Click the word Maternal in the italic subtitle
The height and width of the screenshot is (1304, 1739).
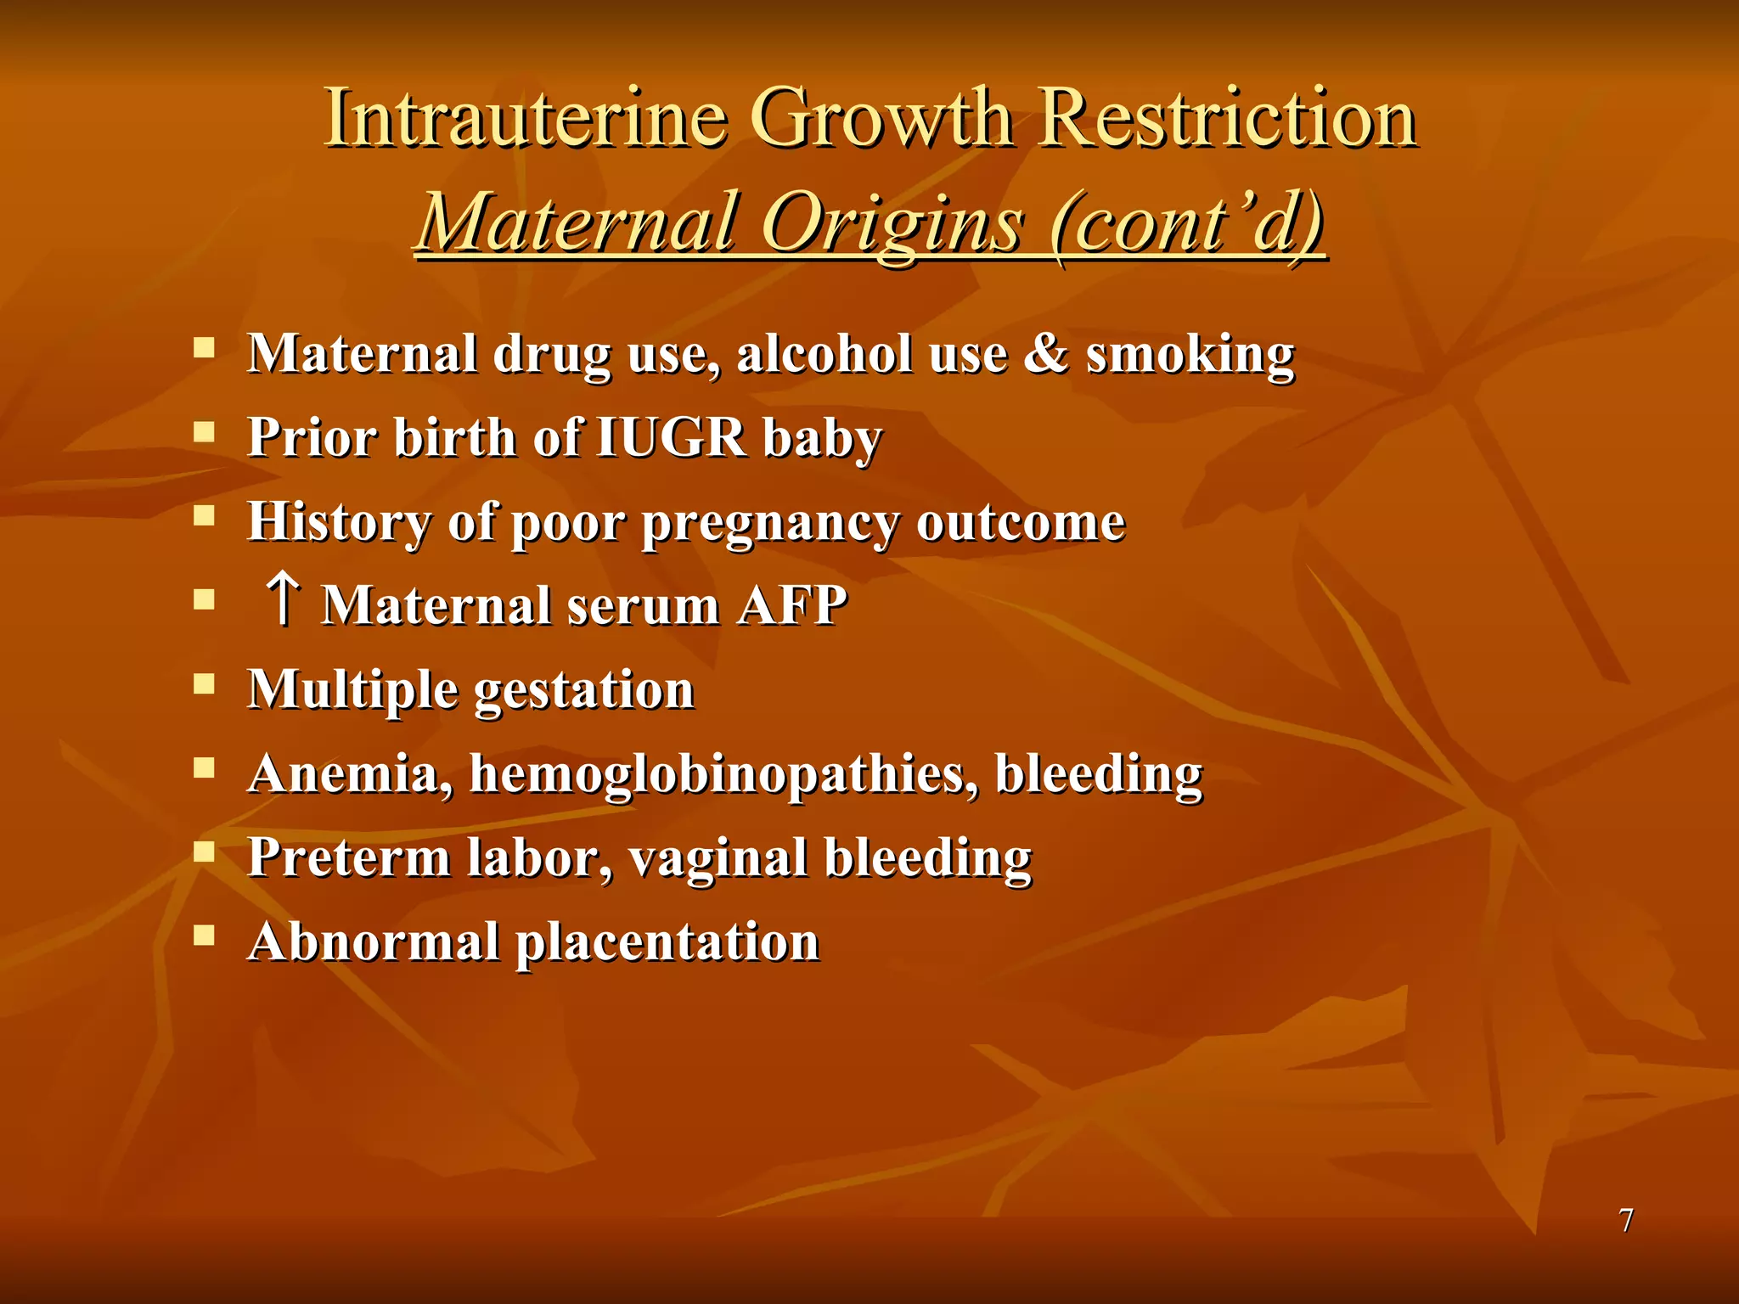[577, 223]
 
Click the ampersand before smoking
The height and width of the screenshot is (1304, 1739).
[1045, 352]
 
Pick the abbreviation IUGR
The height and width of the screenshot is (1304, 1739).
[671, 437]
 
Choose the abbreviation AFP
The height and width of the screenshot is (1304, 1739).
[791, 605]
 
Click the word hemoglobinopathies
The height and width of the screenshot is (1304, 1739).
[723, 774]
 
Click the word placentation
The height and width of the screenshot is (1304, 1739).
[667, 943]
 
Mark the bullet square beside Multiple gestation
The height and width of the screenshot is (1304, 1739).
[204, 683]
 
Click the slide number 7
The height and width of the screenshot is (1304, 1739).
[1626, 1220]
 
